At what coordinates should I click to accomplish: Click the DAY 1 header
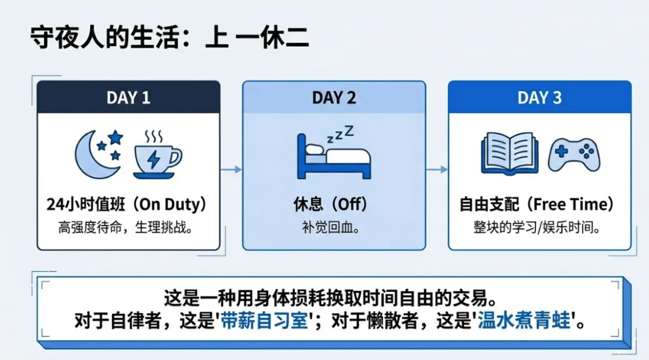pos(129,97)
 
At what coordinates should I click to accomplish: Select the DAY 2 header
pos(334,97)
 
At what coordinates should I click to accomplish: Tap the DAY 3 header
pos(540,97)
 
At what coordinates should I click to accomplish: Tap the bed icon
pos(334,159)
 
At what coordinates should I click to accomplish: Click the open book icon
pos(510,153)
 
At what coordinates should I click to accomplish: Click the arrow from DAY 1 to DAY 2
pos(231,169)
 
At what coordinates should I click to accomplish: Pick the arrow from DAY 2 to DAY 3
pos(437,169)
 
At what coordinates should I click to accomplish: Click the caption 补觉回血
pos(334,228)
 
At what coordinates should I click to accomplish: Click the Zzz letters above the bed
pos(341,133)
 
